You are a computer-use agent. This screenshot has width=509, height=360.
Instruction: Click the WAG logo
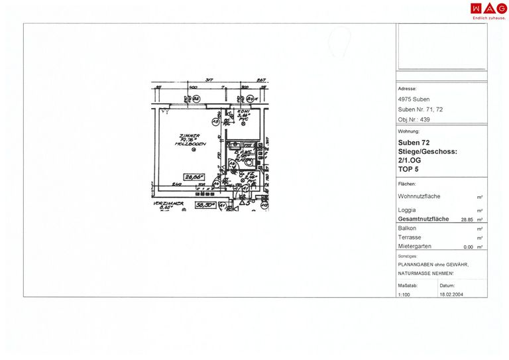pyautogui.click(x=488, y=9)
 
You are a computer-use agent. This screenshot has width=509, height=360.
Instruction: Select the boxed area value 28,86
pyautogui.click(x=193, y=176)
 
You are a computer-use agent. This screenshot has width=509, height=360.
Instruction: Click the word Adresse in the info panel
pyautogui.click(x=407, y=88)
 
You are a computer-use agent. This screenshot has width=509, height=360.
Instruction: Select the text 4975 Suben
pyautogui.click(x=414, y=99)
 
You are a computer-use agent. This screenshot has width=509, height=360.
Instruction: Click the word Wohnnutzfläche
pyautogui.click(x=419, y=197)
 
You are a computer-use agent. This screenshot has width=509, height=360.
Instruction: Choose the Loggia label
pyautogui.click(x=408, y=210)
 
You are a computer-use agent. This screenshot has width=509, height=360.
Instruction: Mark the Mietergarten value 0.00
pyautogui.click(x=468, y=247)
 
